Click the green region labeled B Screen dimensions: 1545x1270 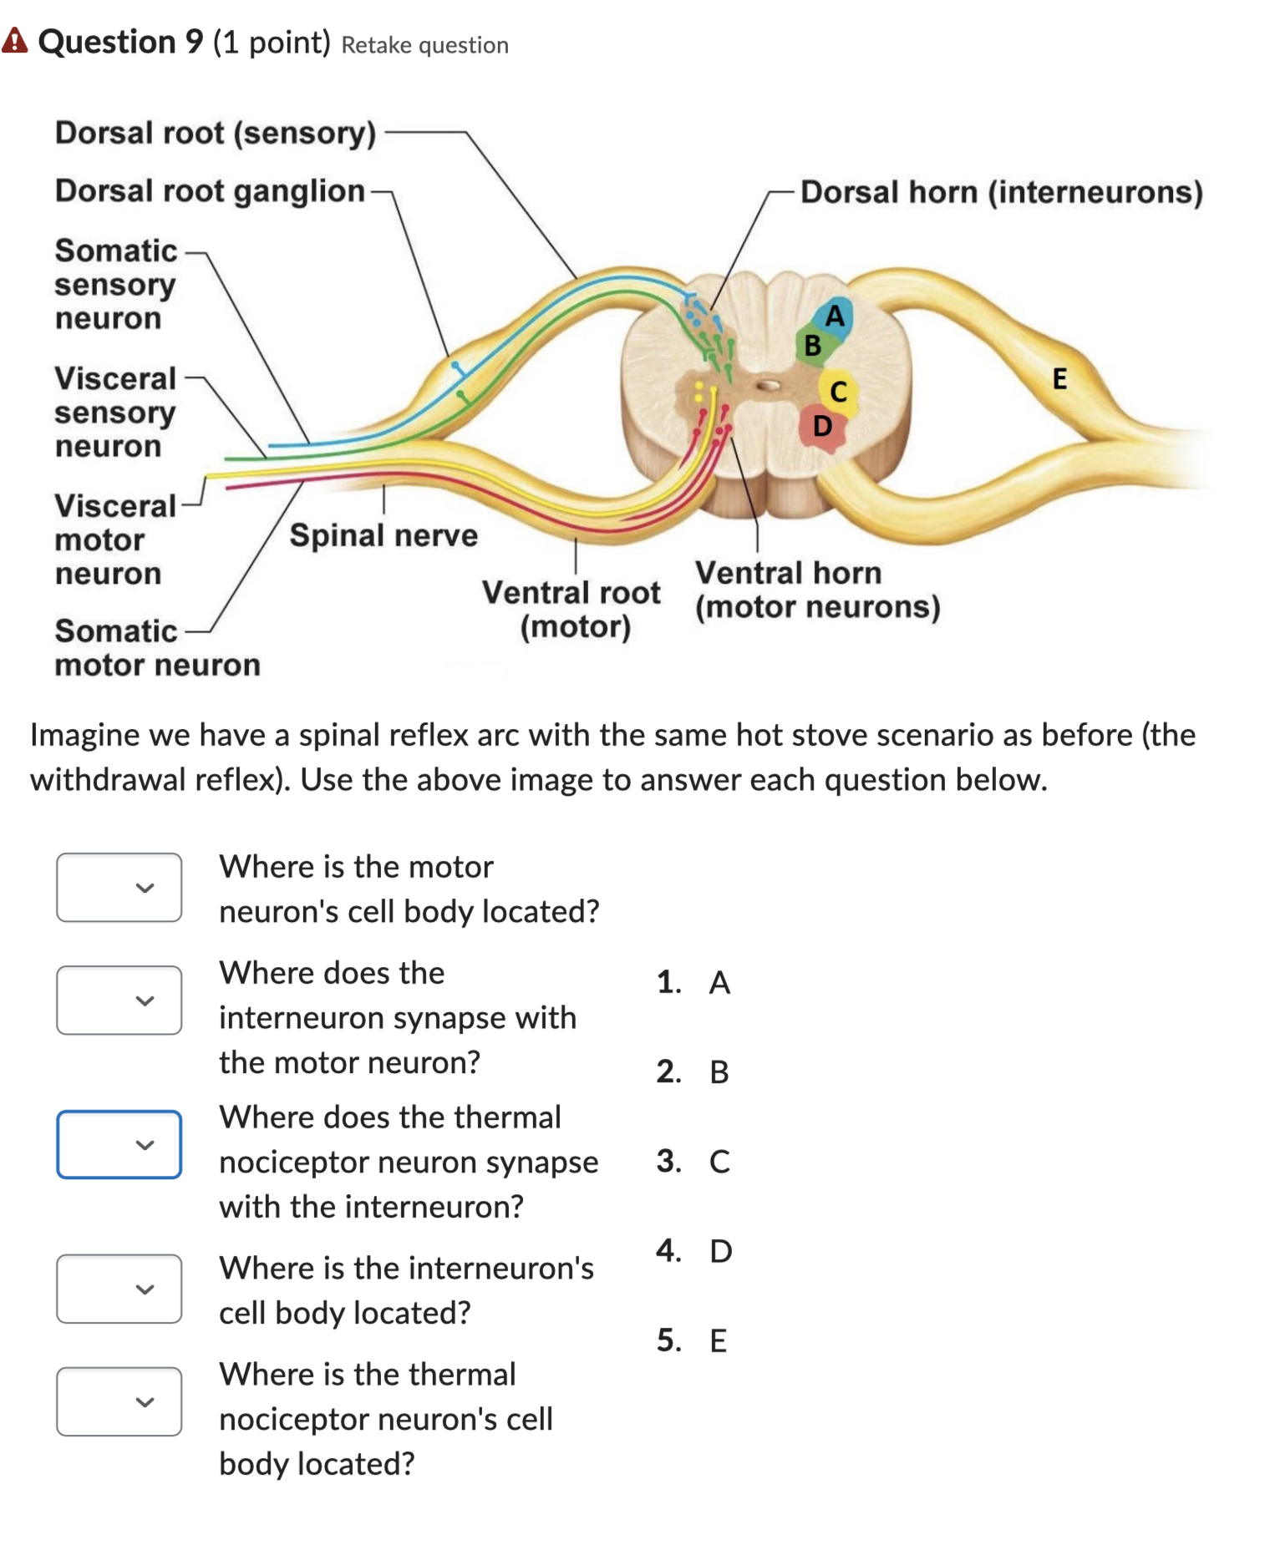pyautogui.click(x=812, y=345)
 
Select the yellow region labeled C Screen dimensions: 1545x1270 pyautogui.click(x=838, y=392)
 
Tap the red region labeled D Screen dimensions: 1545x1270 pyautogui.click(x=823, y=427)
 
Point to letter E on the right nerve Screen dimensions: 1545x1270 pyautogui.click(x=1059, y=379)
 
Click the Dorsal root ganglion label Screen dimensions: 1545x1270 pyautogui.click(x=210, y=191)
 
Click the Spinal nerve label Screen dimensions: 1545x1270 pyautogui.click(x=384, y=535)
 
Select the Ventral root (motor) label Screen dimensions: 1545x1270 pyautogui.click(x=572, y=609)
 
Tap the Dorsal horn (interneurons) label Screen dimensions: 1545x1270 pyautogui.click(x=1001, y=193)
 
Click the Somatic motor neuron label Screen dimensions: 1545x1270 pyautogui.click(x=156, y=648)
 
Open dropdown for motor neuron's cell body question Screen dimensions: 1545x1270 pyautogui.click(x=119, y=887)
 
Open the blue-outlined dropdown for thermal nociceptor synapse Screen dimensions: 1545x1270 pyautogui.click(x=119, y=1144)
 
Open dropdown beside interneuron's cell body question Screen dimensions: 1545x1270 pyautogui.click(x=119, y=1289)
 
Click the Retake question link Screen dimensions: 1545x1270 pyautogui.click(x=424, y=45)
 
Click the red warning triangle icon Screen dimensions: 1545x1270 pyautogui.click(x=15, y=40)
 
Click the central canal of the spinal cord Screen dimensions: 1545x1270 pyautogui.click(x=767, y=385)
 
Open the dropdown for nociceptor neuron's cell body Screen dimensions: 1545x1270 pyautogui.click(x=119, y=1401)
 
